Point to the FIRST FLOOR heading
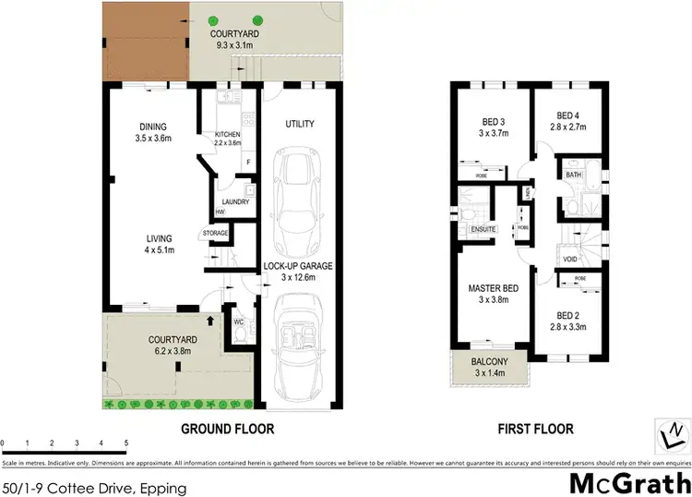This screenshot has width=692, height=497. (535, 429)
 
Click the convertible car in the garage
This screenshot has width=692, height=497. (295, 337)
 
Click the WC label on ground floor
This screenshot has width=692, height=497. (237, 322)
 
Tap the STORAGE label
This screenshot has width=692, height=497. (215, 234)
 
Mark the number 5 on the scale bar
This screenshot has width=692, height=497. (126, 444)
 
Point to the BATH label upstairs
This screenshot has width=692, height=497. (573, 174)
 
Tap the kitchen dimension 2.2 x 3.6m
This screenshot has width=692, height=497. (228, 143)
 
